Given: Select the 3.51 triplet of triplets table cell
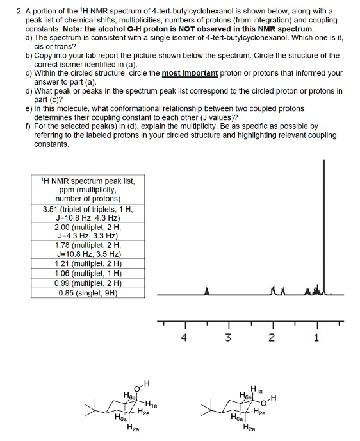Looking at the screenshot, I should pyautogui.click(x=86, y=213).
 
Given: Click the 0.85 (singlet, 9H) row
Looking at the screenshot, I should pyautogui.click(x=86, y=294).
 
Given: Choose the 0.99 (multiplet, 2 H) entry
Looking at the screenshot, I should pyautogui.click(x=86, y=283).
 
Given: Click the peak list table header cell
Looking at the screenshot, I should pyautogui.click(x=86, y=190).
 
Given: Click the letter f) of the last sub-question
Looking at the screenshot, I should pyautogui.click(x=28, y=126).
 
